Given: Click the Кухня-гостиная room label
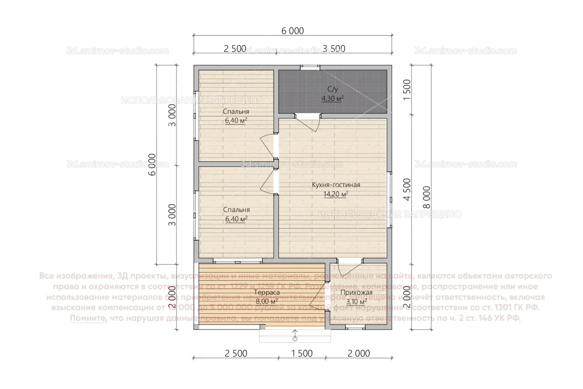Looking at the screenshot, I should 336,185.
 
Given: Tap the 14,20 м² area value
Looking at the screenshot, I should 336,195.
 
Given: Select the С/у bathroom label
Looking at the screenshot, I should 333,89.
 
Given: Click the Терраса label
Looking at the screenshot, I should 267,292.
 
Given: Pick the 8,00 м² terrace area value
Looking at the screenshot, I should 267,301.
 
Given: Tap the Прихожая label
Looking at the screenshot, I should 356,293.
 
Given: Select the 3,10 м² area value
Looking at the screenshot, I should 356,302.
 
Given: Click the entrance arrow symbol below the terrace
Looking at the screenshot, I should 295,335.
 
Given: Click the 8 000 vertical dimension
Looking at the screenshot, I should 427,197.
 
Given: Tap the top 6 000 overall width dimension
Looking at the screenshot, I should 292,31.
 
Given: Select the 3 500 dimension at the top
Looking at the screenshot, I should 334,49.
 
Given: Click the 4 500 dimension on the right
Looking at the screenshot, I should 407,189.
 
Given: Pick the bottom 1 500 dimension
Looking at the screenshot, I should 302,353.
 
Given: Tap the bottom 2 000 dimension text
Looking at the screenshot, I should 358,353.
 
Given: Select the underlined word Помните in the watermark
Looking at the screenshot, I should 89,318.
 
